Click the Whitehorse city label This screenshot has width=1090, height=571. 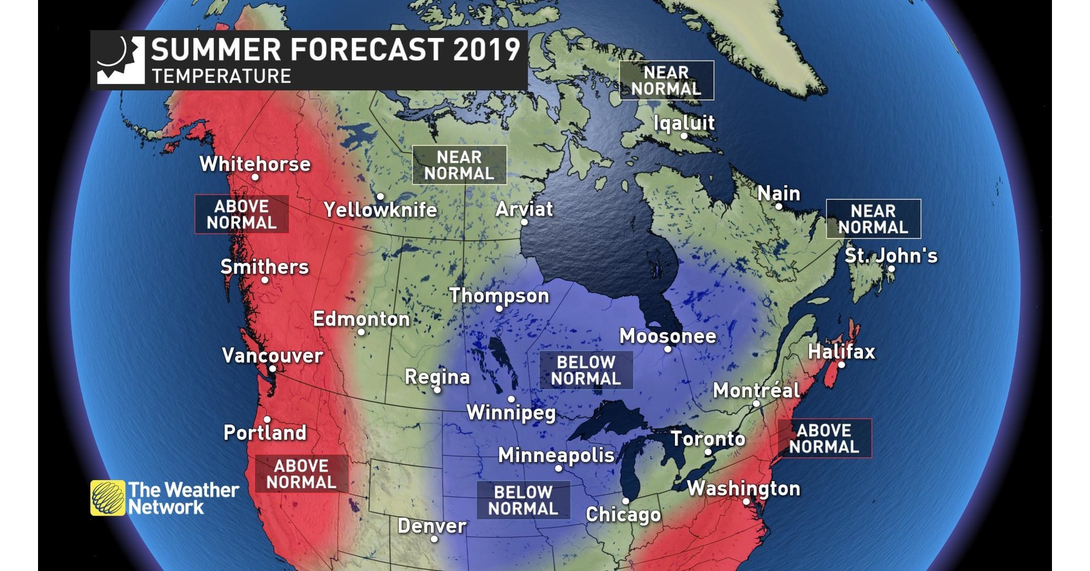pos(255,164)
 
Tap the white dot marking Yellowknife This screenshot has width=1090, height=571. pos(380,197)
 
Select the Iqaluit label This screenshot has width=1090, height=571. pos(684,123)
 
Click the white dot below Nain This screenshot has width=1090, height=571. pos(779,206)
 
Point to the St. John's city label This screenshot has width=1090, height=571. pos(891,256)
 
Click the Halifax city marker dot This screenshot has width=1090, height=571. pos(841,365)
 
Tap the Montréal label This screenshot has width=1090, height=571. pos(756,390)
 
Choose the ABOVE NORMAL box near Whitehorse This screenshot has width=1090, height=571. pos(241,214)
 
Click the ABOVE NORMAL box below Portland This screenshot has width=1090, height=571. pos(301,474)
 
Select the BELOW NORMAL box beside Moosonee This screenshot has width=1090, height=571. pos(586,370)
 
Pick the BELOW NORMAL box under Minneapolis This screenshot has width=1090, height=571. pos(523,500)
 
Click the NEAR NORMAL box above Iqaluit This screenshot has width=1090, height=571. pos(666,81)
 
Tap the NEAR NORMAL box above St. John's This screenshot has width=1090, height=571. pos(873,219)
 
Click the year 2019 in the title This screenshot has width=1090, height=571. pos(487,50)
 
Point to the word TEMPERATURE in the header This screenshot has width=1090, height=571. pos(221,76)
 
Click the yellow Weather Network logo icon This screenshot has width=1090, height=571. pos(107,498)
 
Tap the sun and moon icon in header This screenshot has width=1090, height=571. pos(120,60)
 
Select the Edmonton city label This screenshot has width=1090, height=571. pos(361,319)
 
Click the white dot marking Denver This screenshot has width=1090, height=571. pos(434,539)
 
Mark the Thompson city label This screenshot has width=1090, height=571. pos(499,295)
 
